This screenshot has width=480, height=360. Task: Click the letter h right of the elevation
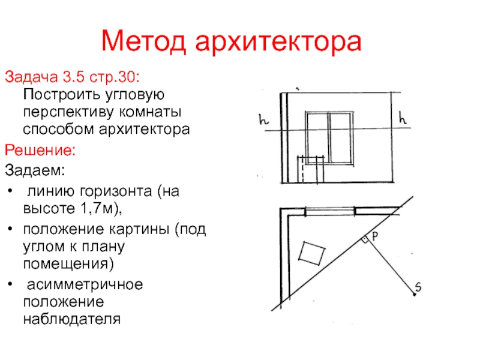[x=403, y=120]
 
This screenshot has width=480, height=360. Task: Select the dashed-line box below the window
[x=311, y=170]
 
